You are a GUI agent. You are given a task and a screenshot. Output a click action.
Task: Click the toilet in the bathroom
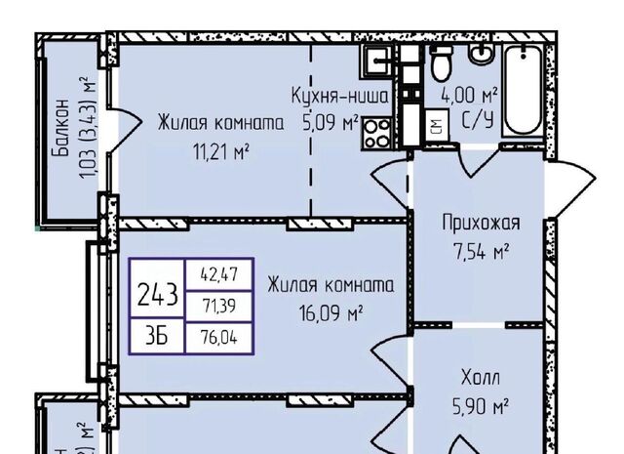pyautogui.click(x=441, y=65)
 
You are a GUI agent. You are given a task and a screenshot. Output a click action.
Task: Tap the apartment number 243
pyautogui.click(x=158, y=292)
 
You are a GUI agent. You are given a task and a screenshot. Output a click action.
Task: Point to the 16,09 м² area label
pyautogui.click(x=330, y=313)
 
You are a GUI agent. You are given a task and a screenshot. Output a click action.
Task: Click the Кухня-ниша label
pyautogui.click(x=340, y=96)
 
